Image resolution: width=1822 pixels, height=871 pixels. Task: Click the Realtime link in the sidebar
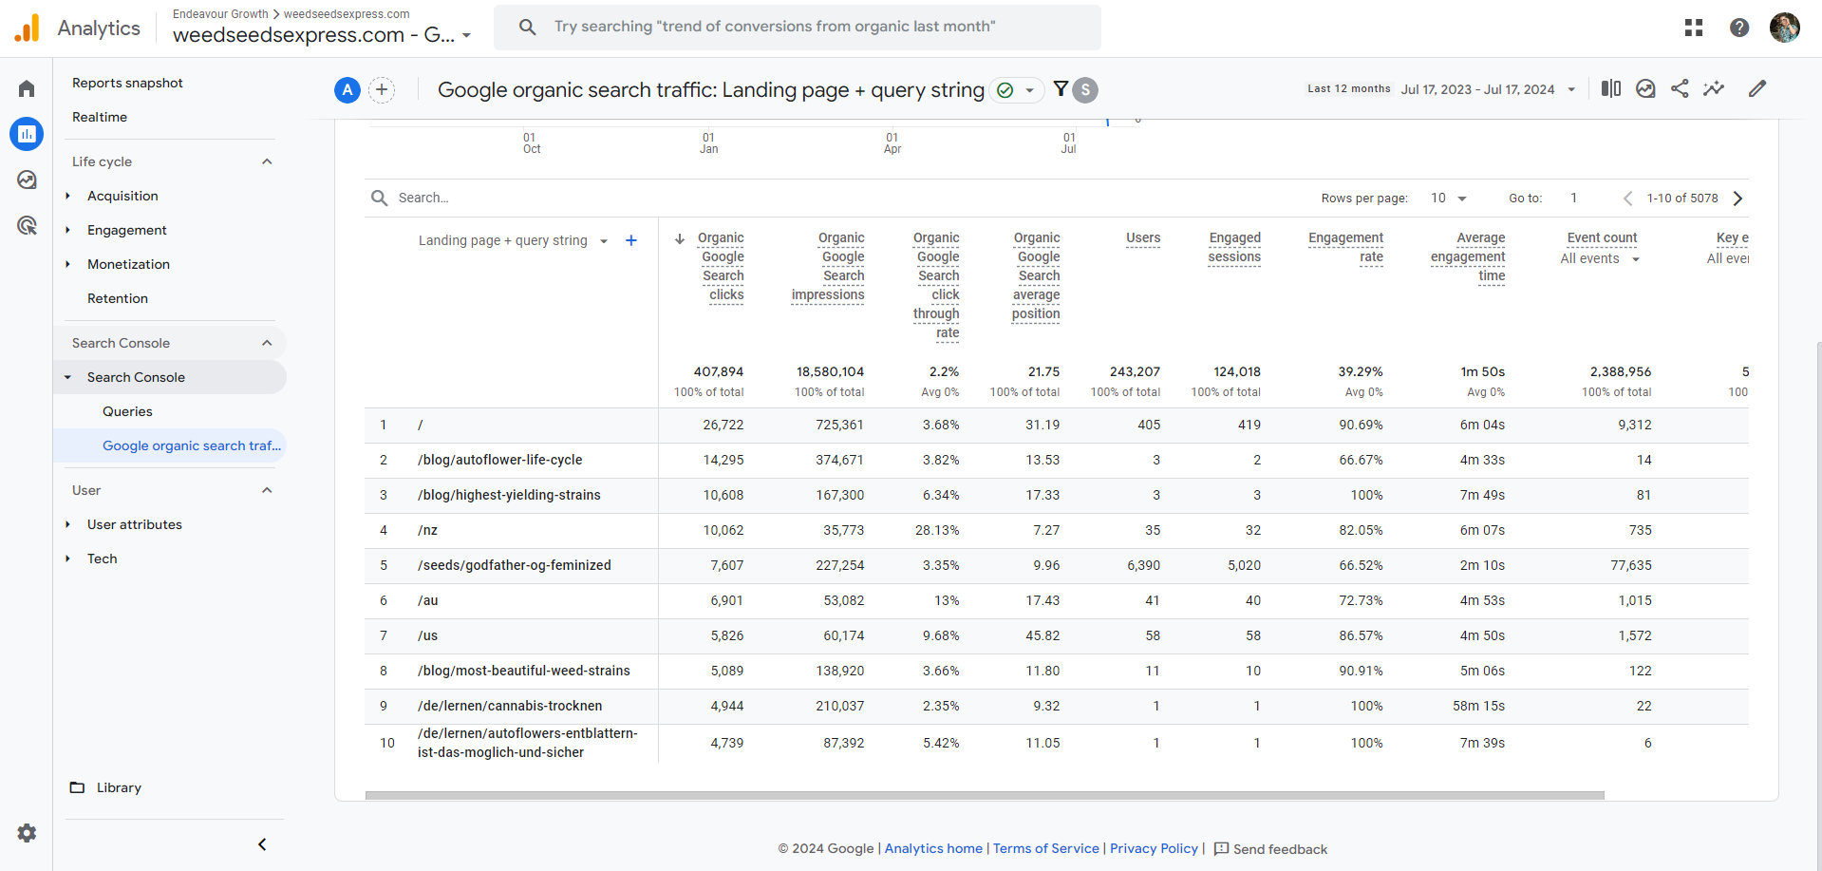coord(100,117)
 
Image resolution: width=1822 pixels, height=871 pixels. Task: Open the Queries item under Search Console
coord(127,411)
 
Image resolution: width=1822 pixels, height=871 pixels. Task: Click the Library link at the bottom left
coord(118,787)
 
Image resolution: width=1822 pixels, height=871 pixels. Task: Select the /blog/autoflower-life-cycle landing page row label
coord(499,460)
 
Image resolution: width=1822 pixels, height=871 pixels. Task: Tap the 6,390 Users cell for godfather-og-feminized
coord(1143,565)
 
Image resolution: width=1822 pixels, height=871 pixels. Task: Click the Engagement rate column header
coord(1345,247)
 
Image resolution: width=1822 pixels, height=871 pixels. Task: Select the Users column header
coord(1143,237)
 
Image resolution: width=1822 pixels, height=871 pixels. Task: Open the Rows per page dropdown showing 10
coord(1448,199)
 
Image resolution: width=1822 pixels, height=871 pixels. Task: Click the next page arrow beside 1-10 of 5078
coord(1737,199)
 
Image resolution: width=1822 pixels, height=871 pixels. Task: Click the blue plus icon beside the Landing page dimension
coord(631,240)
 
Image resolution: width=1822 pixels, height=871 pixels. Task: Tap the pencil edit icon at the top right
coord(1757,88)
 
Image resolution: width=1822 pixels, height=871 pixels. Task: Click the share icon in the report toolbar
coord(1680,88)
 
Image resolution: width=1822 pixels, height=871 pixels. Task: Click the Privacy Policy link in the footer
coord(1154,848)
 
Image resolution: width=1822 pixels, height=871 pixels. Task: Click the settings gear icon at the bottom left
coord(27,833)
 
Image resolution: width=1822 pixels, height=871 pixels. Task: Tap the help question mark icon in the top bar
coord(1738,28)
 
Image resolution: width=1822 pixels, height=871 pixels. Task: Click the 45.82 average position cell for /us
coord(1042,635)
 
